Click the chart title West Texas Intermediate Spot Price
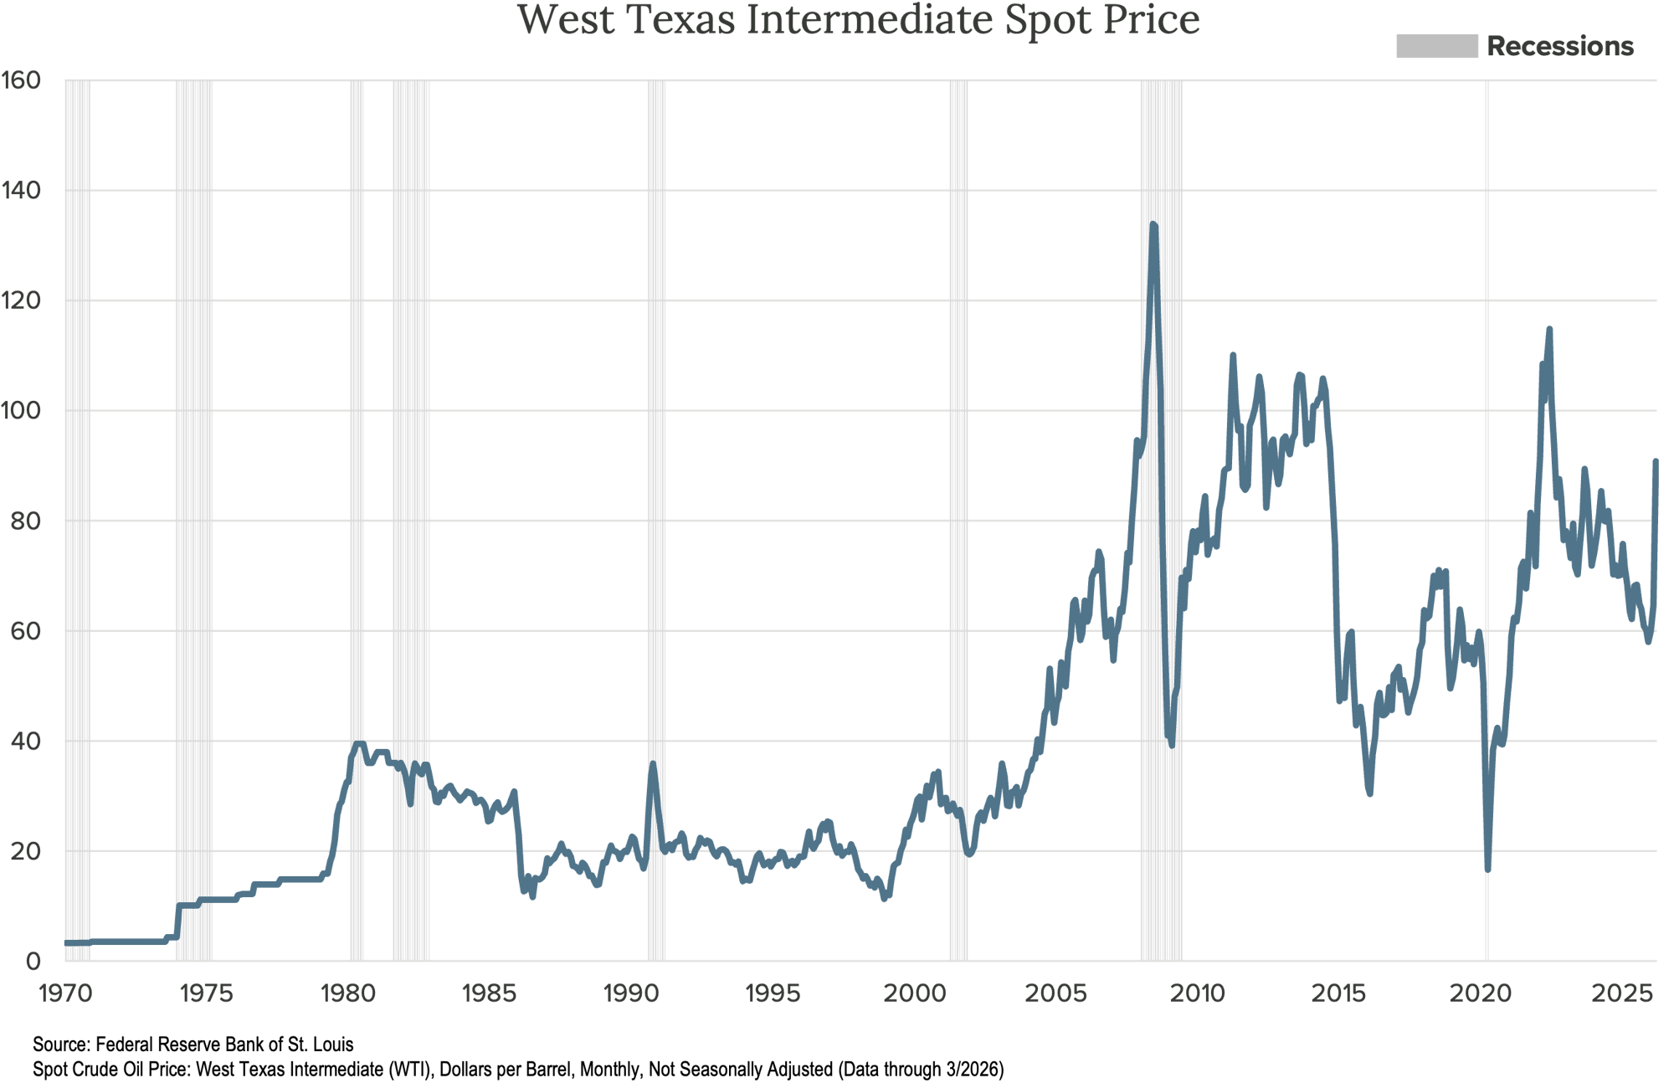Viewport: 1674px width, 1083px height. click(859, 20)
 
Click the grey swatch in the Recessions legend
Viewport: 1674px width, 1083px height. click(1436, 46)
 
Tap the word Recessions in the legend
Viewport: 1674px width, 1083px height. click(1560, 46)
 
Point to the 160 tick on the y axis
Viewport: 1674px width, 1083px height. click(20, 80)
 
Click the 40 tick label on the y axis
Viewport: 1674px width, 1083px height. click(24, 741)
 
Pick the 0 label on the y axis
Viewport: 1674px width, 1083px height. click(32, 961)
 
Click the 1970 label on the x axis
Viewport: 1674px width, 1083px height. click(65, 993)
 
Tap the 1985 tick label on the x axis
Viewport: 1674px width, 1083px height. click(489, 993)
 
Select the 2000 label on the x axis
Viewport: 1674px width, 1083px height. click(914, 993)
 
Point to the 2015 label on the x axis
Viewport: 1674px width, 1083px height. click(1338, 993)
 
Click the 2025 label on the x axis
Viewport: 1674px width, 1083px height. click(1621, 993)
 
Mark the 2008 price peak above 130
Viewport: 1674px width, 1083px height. click(1153, 224)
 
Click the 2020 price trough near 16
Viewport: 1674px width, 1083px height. click(1488, 870)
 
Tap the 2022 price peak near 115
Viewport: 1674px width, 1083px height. click(1549, 330)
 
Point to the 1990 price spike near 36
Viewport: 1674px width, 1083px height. click(652, 763)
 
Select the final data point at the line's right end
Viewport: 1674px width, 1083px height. click(1656, 460)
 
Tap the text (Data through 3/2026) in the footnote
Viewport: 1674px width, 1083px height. click(921, 1069)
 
